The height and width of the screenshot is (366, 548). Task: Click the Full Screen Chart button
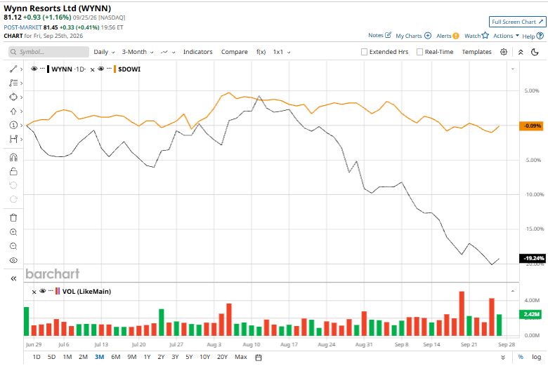pyautogui.click(x=517, y=22)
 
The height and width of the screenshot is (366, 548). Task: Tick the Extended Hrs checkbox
pyautogui.click(x=364, y=52)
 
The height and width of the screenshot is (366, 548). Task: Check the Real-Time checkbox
pyautogui.click(x=419, y=52)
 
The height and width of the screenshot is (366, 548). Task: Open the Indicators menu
pyautogui.click(x=198, y=52)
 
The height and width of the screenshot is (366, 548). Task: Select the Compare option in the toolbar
pyautogui.click(x=234, y=52)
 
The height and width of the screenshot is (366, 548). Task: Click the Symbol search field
pyautogui.click(x=48, y=52)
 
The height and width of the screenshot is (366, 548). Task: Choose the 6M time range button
pyautogui.click(x=116, y=357)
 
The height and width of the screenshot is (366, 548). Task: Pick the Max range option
pyautogui.click(x=241, y=357)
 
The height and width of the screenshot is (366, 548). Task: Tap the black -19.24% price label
pyautogui.click(x=533, y=258)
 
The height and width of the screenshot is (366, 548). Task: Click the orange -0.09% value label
pyautogui.click(x=532, y=126)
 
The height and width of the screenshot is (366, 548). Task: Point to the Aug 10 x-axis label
pyautogui.click(x=252, y=344)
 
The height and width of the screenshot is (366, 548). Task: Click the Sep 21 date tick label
pyautogui.click(x=469, y=344)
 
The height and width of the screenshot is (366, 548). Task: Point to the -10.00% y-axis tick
pyautogui.click(x=535, y=194)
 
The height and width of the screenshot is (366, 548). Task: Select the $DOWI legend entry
pyautogui.click(x=129, y=69)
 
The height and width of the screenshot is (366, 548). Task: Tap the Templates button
pyautogui.click(x=477, y=52)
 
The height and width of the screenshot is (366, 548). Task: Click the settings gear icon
pyautogui.click(x=504, y=52)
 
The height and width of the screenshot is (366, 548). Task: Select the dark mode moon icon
pyautogui.click(x=535, y=52)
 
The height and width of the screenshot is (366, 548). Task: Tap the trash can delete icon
pyautogui.click(x=13, y=218)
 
